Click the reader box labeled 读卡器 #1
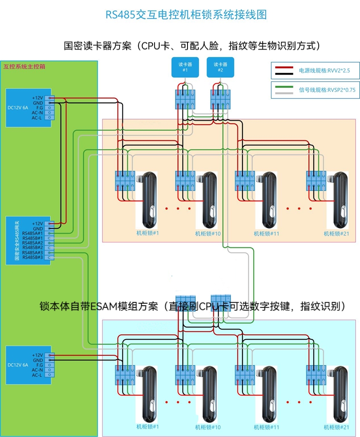point(185,67)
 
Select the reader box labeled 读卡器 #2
point(220,67)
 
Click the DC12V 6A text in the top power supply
point(18,107)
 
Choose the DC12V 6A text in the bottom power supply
point(18,365)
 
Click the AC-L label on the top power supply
point(37,117)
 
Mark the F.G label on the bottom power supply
point(40,365)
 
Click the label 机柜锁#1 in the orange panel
point(148,233)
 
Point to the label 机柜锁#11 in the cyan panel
point(267,427)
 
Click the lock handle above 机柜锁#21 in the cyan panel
point(338,394)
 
